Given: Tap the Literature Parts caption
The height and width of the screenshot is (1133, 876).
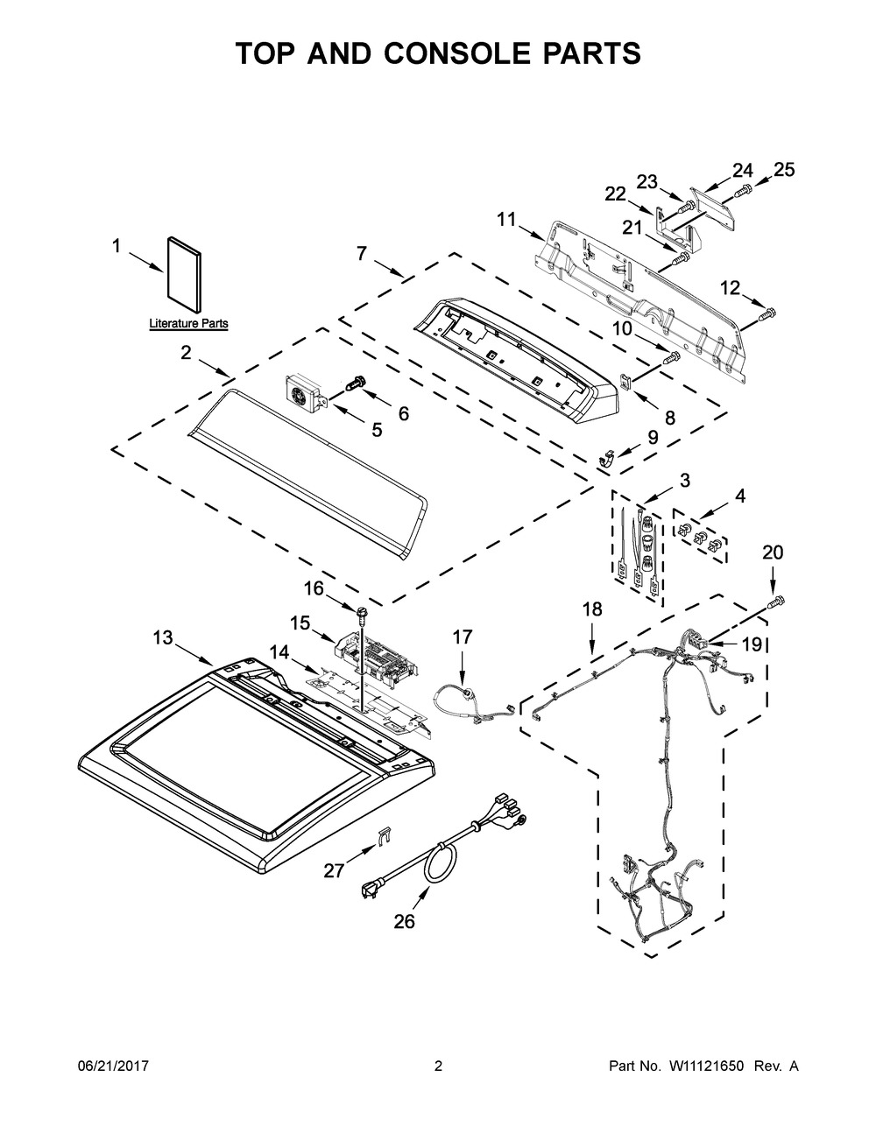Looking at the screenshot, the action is pyautogui.click(x=188, y=323).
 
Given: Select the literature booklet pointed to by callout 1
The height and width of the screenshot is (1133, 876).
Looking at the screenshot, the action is pyautogui.click(x=185, y=275).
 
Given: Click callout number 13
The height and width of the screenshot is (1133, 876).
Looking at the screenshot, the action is pyautogui.click(x=163, y=637).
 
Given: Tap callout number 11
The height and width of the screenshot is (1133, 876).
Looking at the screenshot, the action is pyautogui.click(x=505, y=220).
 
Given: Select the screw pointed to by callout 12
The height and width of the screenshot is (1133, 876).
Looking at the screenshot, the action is pyautogui.click(x=767, y=313).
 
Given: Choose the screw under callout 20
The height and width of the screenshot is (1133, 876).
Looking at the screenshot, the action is pyautogui.click(x=776, y=602).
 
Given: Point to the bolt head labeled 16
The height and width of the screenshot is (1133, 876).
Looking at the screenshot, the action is pyautogui.click(x=361, y=611).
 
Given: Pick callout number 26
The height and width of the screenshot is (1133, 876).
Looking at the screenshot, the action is pyautogui.click(x=404, y=922).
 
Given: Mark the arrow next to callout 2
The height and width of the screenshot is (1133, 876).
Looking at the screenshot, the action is pyautogui.click(x=213, y=368).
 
